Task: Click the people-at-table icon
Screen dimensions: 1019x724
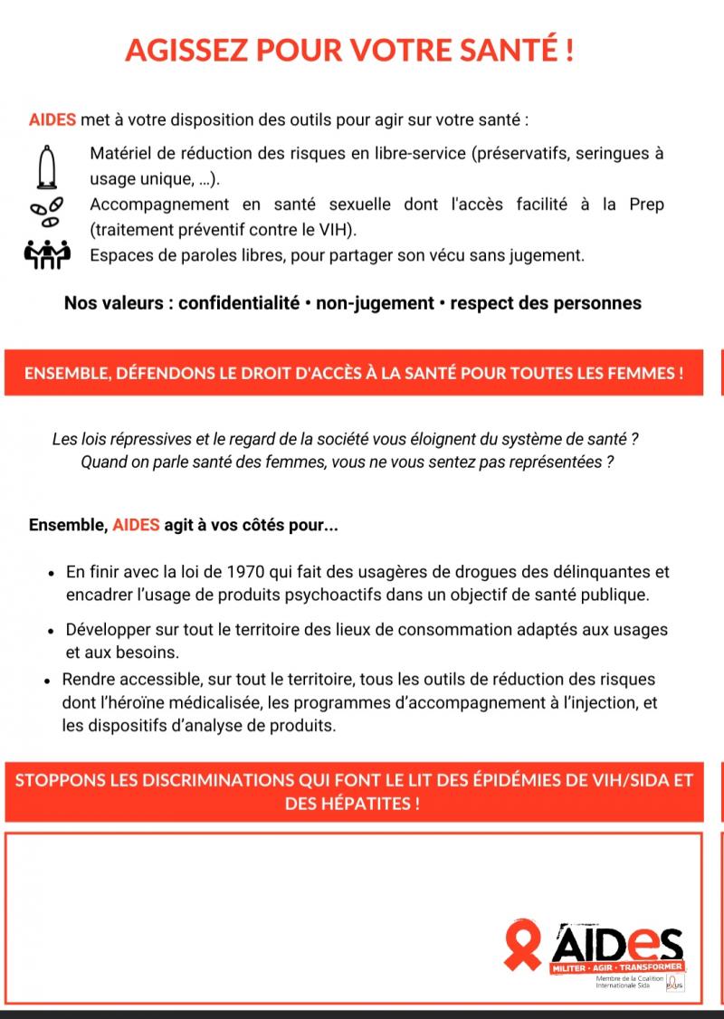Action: tap(45, 255)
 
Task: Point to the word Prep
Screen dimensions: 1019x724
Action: tap(646, 205)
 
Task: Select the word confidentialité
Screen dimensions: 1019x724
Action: tap(239, 303)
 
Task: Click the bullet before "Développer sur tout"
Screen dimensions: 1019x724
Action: tap(52, 630)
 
